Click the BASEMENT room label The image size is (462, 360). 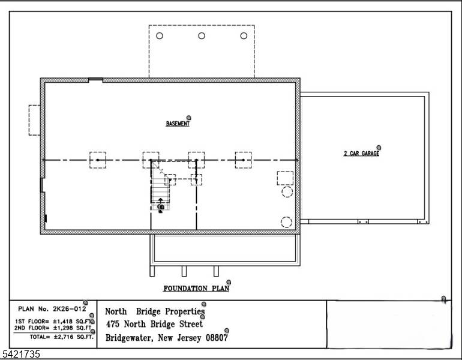[178, 124]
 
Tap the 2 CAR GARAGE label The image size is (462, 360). [361, 154]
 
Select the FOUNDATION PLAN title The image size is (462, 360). [196, 288]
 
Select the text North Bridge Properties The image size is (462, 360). [155, 311]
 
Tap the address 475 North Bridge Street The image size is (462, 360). [154, 324]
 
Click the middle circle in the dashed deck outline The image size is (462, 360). [202, 36]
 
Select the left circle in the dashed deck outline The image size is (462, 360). [160, 36]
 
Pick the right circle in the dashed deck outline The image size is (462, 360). [244, 36]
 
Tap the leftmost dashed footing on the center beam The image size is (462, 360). [98, 160]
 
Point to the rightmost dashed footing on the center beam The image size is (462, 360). [243, 160]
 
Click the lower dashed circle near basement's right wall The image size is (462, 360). [287, 222]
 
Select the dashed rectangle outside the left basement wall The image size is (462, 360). [34, 119]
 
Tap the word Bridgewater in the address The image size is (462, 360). [128, 338]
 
